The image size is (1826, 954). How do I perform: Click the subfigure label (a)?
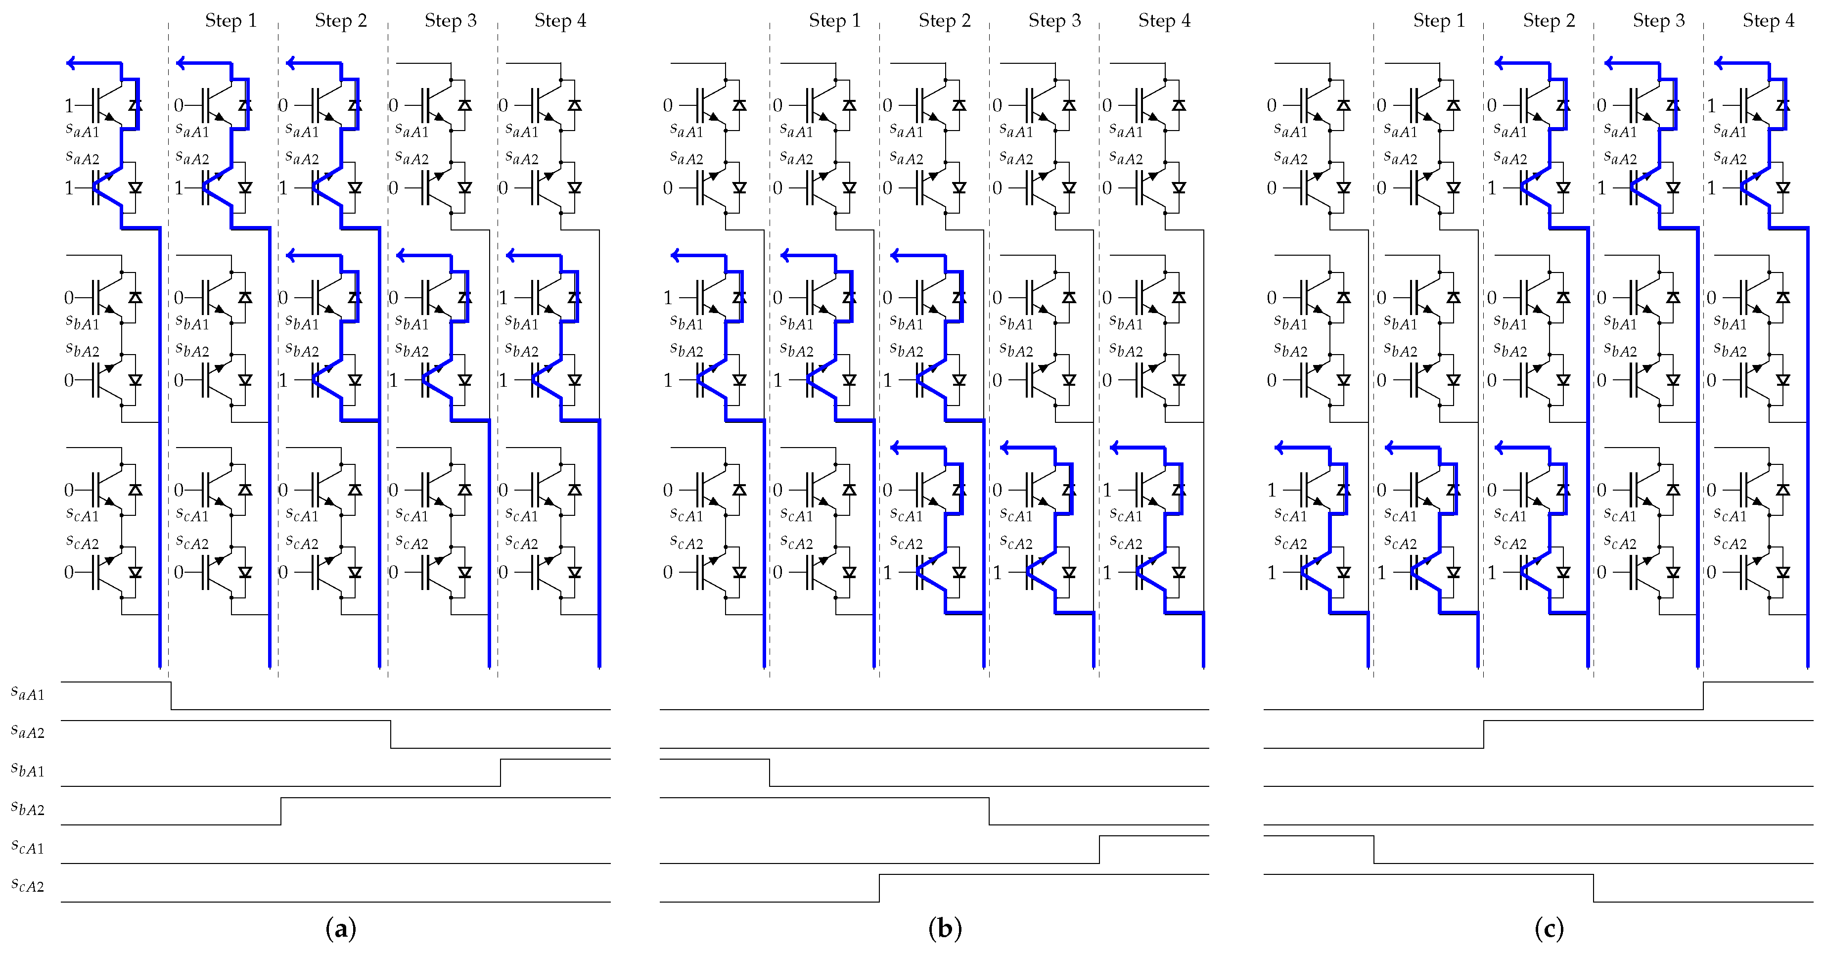click(340, 928)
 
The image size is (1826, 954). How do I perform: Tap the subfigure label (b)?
click(945, 928)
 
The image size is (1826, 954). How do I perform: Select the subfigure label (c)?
click(1549, 928)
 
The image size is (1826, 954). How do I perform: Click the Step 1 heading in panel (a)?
click(230, 21)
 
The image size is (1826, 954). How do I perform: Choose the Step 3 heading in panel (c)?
click(1659, 21)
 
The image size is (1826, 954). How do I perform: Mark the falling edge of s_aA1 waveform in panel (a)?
click(171, 695)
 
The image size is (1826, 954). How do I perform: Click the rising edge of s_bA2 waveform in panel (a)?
click(281, 811)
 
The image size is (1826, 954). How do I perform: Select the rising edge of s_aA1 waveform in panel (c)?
click(1703, 695)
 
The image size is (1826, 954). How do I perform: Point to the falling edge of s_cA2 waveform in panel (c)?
click(1594, 888)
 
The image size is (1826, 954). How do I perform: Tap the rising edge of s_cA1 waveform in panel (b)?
click(1099, 849)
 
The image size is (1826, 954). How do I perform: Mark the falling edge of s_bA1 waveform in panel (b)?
click(770, 772)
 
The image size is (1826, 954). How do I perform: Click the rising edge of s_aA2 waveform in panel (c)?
click(1484, 734)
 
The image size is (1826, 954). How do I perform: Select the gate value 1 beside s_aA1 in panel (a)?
click(69, 106)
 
